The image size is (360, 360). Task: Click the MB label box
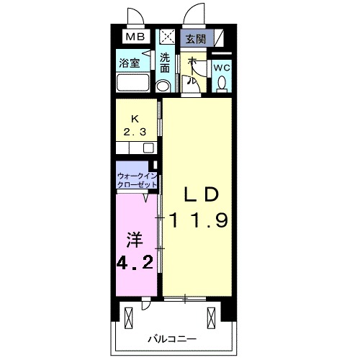[x=135, y=37]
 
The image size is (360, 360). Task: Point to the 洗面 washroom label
[x=166, y=63]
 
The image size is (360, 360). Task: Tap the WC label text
[x=222, y=68]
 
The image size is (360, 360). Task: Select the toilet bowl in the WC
[x=222, y=84]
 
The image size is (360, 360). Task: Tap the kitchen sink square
[x=148, y=148]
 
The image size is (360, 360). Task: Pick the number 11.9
[x=198, y=220]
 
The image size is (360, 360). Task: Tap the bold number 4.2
[x=135, y=261]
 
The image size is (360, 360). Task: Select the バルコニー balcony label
[x=173, y=338]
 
